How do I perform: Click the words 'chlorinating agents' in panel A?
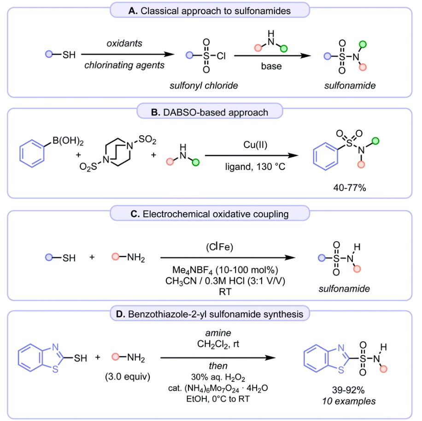124,65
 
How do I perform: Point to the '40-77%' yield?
346,187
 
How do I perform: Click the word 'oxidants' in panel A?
124,44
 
